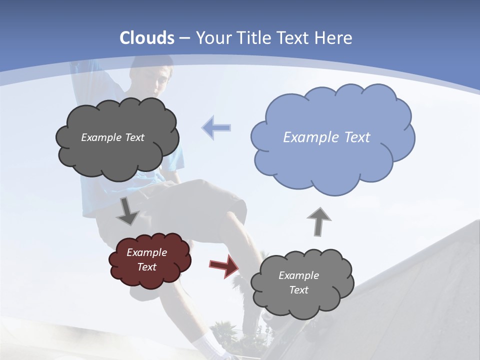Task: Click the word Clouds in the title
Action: point(147,38)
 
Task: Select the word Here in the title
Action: point(333,38)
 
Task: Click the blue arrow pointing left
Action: point(216,127)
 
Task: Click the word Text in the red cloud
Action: point(147,267)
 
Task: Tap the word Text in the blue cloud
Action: point(357,137)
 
